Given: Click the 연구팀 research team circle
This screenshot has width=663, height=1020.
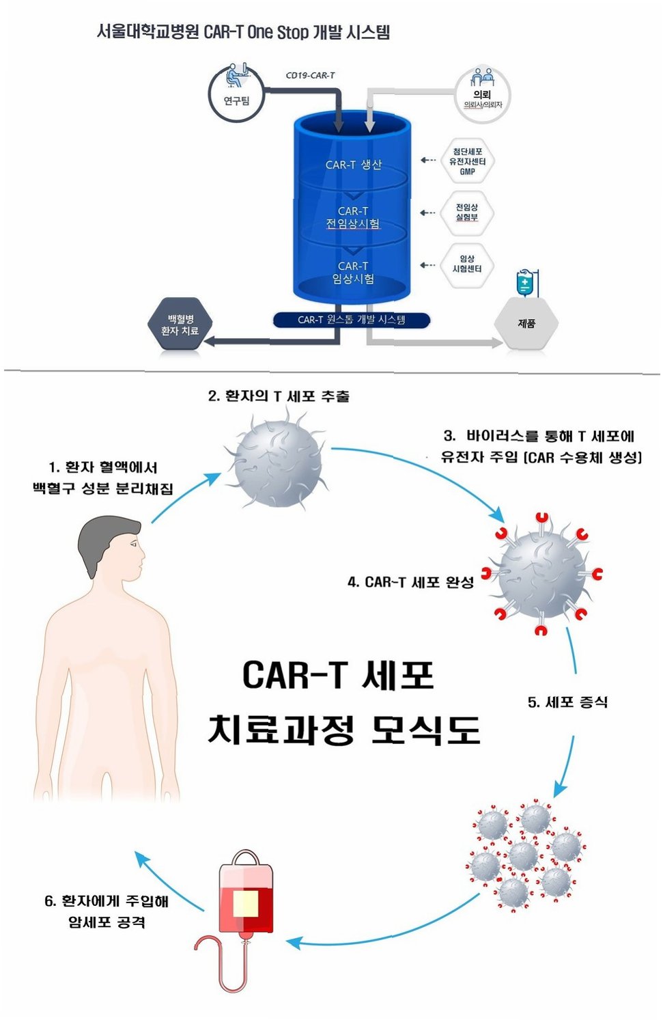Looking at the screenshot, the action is click(236, 94).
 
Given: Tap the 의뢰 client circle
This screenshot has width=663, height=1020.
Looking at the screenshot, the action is click(483, 95).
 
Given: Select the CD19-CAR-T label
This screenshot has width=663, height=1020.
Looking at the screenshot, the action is click(310, 75).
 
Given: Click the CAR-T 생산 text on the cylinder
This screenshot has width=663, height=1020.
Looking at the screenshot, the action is click(353, 165).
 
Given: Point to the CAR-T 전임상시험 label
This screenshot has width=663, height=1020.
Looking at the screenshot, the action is click(353, 217).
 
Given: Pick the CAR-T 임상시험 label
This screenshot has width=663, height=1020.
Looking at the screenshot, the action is click(353, 272).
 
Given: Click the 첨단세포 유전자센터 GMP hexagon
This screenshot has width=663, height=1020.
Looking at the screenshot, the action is click(467, 161).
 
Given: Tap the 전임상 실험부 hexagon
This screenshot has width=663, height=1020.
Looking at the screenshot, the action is click(467, 212).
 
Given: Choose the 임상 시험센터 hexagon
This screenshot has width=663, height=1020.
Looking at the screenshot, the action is click(467, 264).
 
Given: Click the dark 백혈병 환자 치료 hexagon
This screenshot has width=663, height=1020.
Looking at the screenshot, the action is click(180, 325).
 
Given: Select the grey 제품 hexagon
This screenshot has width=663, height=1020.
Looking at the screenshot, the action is click(526, 324).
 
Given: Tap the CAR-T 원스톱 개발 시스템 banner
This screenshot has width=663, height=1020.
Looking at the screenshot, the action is click(352, 320).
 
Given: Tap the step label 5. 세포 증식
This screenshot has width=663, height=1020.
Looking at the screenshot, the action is click(567, 702).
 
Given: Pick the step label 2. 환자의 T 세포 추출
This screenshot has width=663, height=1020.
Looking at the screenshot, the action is click(279, 396).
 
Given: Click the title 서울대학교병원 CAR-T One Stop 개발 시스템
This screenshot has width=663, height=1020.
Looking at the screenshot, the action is click(243, 32).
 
